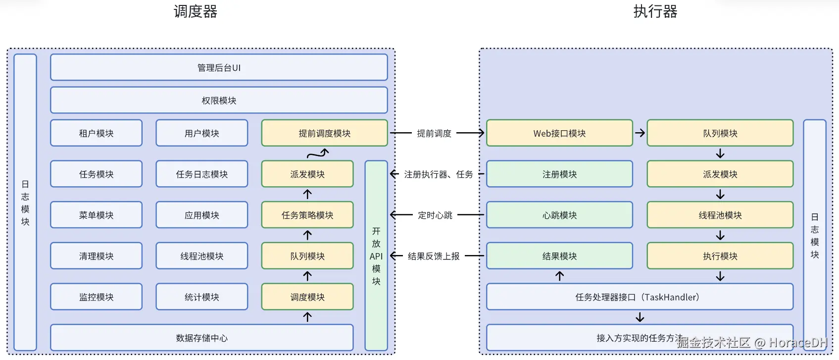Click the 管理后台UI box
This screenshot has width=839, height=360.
219,67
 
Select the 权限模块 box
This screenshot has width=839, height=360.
219,100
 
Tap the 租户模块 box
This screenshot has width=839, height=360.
96,133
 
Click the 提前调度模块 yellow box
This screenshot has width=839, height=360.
324,133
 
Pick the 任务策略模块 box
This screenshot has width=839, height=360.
307,214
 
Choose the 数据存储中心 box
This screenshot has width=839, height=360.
201,337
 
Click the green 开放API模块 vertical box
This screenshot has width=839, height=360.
376,256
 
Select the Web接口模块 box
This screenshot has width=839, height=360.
559,133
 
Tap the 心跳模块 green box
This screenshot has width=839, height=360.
559,214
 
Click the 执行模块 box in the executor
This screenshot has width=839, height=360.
720,256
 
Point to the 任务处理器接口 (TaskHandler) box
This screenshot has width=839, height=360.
640,297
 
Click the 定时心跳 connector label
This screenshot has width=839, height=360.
435,215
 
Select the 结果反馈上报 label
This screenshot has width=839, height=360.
434,256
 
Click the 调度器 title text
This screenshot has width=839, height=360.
196,11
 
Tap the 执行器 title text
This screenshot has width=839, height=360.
655,11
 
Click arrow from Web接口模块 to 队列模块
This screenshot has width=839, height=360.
640,133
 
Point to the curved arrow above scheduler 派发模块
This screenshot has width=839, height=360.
318,154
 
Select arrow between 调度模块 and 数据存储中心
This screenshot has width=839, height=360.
307,317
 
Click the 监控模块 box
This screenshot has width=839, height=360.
96,297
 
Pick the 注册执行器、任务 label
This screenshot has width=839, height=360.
438,174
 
